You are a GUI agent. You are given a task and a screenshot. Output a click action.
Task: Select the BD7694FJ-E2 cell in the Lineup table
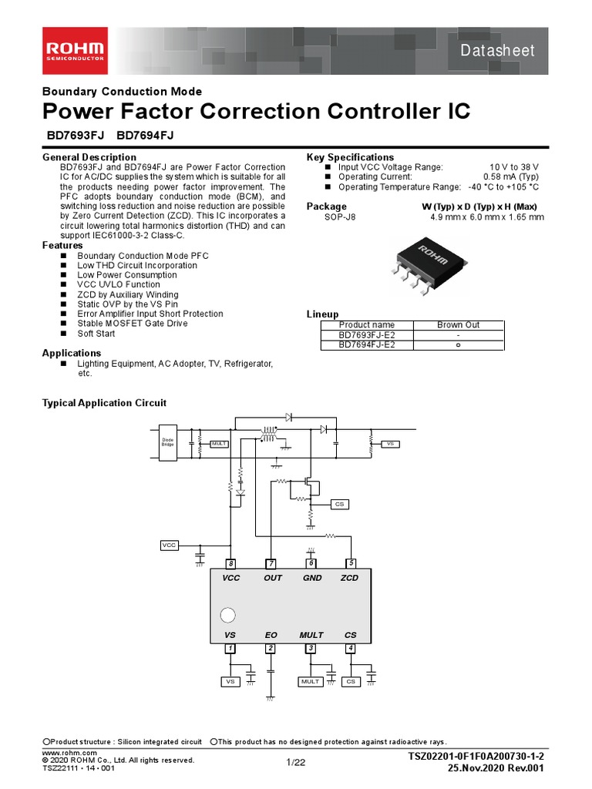point(367,345)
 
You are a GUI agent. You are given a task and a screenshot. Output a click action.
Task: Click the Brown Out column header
point(458,325)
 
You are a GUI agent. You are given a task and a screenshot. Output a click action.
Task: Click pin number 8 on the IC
point(230,564)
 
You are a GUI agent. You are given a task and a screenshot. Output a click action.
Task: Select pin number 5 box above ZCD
point(351,564)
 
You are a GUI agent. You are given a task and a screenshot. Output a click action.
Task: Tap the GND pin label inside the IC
point(311,578)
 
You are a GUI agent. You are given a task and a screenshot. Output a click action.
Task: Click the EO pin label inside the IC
point(271,635)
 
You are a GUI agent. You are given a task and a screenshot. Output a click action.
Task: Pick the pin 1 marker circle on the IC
point(228,616)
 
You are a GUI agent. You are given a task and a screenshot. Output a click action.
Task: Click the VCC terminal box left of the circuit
point(169,545)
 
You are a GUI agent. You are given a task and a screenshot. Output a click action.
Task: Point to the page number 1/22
point(296,763)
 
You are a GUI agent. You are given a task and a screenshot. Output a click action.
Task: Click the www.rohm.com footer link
point(69,752)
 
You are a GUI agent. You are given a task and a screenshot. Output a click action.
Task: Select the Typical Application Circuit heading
point(103,403)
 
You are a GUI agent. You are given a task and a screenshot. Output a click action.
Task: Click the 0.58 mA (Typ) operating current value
point(516,176)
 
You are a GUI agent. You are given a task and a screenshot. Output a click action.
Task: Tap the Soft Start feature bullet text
point(96,334)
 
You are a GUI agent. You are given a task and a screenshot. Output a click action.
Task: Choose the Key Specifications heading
point(350,157)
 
